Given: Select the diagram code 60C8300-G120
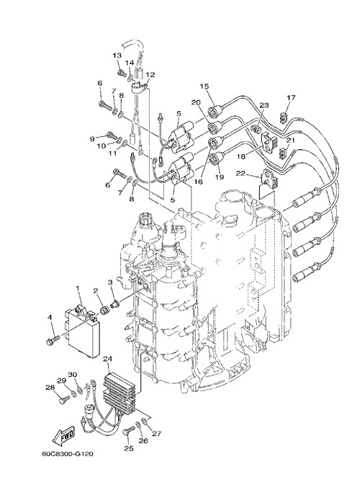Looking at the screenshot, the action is [67, 454].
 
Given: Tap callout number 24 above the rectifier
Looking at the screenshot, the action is [108, 359].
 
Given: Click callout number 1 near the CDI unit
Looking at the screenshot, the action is [77, 288].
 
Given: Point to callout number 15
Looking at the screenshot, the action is [204, 86].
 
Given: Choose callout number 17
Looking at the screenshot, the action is [291, 97].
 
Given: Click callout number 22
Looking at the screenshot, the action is [241, 174].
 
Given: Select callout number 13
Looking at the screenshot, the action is [117, 55].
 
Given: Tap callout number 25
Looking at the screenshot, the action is [129, 448].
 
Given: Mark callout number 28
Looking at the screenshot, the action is [50, 387].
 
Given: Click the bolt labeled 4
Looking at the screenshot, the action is [53, 341].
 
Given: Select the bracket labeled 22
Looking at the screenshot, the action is [269, 179].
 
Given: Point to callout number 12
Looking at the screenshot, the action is [150, 75].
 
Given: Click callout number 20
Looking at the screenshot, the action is [196, 102].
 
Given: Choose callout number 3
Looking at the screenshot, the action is [110, 282].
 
